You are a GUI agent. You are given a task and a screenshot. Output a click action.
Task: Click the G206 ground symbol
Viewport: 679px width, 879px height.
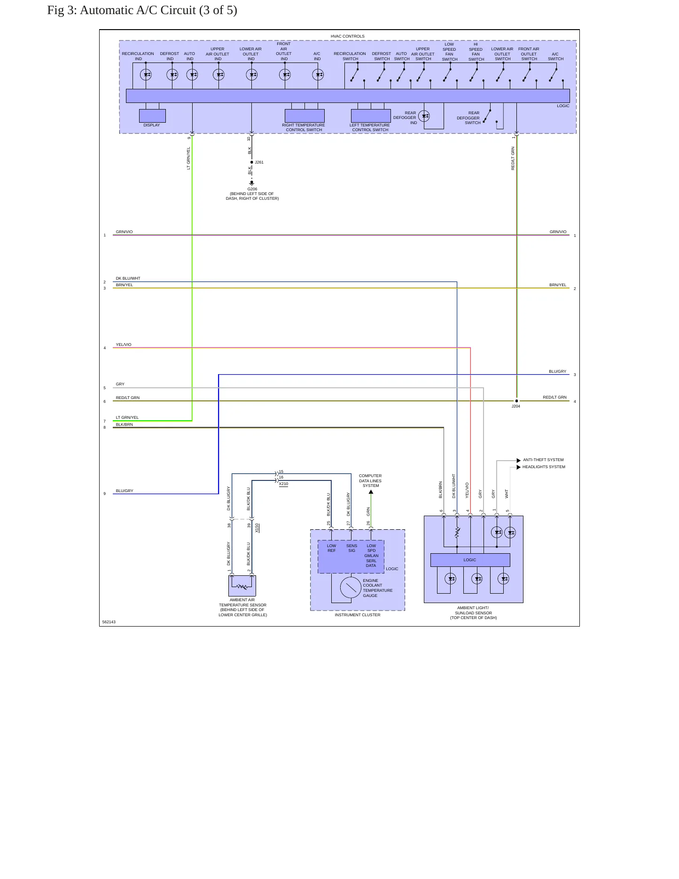(x=252, y=183)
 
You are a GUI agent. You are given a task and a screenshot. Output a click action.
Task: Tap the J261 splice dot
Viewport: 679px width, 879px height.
(x=252, y=162)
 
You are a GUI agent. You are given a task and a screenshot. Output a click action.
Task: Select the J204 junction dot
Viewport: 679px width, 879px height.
(x=516, y=401)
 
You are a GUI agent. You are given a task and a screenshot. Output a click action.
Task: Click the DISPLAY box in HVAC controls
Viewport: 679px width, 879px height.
(x=152, y=116)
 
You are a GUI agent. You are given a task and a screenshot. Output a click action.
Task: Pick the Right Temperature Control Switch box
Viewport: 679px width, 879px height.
(x=304, y=116)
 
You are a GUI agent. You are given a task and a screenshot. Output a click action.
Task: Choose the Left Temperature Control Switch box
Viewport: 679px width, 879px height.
(x=371, y=116)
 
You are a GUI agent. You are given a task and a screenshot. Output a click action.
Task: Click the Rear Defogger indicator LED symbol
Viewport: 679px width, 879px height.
(x=424, y=116)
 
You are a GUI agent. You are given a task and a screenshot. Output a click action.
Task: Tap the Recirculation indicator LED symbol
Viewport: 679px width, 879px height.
(x=146, y=74)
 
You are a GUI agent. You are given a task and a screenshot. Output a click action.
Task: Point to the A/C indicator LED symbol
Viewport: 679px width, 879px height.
(x=318, y=74)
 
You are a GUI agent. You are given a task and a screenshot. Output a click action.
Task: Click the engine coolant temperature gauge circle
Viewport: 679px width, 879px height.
(x=351, y=588)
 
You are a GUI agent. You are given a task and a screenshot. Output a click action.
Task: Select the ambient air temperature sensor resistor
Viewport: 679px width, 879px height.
(x=242, y=587)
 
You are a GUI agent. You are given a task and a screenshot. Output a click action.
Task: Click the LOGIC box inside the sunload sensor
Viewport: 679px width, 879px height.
(x=470, y=560)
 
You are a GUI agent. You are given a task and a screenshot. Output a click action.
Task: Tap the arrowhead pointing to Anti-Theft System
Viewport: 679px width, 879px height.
(x=519, y=460)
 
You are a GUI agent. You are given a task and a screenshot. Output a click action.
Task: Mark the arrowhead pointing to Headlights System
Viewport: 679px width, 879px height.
(x=519, y=467)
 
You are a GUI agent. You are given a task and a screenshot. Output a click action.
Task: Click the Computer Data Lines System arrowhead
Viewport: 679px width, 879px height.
(x=371, y=492)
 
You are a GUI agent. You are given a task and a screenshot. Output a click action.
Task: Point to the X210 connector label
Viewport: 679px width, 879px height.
(x=283, y=484)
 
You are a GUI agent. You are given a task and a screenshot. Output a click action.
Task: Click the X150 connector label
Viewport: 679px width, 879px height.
(x=257, y=528)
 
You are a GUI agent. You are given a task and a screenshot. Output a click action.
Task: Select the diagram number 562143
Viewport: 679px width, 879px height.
(x=109, y=622)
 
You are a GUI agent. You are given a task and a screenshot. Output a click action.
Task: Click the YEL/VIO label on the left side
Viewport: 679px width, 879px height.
(x=124, y=345)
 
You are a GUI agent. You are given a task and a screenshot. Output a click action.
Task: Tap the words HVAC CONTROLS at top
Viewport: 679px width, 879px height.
(x=348, y=36)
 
